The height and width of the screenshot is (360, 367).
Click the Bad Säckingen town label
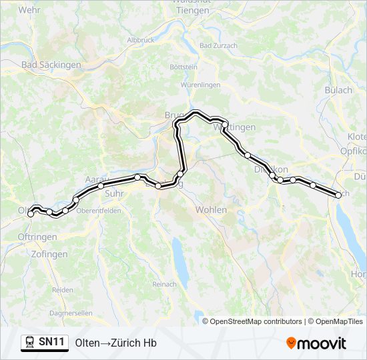coord(51,65)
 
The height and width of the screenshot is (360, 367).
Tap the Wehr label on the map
coord(29,10)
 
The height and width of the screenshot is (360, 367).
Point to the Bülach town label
coord(338,90)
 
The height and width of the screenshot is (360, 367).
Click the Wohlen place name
coord(211,210)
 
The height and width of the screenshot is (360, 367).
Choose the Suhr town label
coord(115,194)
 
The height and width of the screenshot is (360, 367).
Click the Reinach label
coord(164,284)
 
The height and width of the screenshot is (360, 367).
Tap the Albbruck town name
coord(140,40)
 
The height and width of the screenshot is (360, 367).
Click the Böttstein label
coord(183,67)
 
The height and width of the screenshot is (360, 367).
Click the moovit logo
coord(316,343)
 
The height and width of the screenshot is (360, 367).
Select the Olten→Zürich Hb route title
coord(116,343)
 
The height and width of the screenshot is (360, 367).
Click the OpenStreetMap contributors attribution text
coord(255,321)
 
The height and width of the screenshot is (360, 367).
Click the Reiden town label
coord(62,290)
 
